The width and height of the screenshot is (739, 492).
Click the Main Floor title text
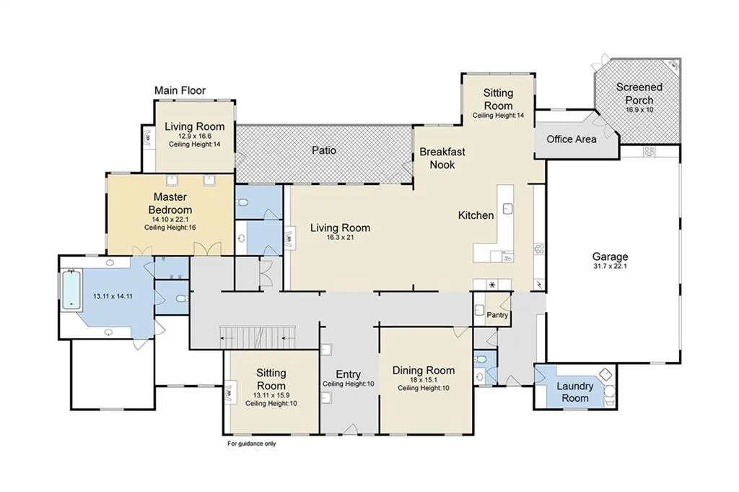click(180, 90)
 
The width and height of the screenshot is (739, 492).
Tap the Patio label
click(324, 150)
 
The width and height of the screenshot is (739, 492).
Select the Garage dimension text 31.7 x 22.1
click(610, 266)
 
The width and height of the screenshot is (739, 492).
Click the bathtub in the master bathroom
click(72, 289)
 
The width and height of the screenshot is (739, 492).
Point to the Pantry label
click(497, 315)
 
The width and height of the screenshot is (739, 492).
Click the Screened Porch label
click(639, 93)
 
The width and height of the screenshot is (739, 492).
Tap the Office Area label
click(572, 139)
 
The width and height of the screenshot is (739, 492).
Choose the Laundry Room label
click(575, 392)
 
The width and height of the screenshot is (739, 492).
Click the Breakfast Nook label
click(442, 158)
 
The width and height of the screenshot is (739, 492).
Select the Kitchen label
click(476, 215)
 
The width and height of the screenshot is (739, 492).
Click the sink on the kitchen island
click(507, 208)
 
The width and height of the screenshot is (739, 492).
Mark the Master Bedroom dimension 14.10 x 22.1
click(170, 220)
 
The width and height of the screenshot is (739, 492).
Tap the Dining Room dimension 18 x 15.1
click(423, 380)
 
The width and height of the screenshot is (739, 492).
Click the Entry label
click(349, 374)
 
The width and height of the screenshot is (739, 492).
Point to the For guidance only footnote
click(252, 444)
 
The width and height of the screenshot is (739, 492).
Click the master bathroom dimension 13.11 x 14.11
click(113, 296)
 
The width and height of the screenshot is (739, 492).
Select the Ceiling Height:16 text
click(170, 228)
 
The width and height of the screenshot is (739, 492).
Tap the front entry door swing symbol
click(350, 429)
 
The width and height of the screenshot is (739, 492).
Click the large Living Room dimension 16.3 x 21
click(340, 237)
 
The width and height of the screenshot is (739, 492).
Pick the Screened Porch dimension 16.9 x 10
click(639, 109)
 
